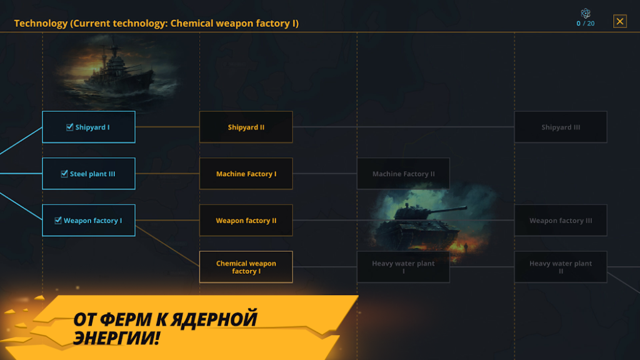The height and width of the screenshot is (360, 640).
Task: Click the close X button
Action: click(x=619, y=21)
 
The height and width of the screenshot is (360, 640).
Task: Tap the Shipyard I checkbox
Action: click(x=70, y=127)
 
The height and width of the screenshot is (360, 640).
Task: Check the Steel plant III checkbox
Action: click(x=64, y=174)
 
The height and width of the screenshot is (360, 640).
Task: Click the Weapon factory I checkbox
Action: click(x=58, y=221)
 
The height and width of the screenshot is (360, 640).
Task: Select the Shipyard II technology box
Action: click(x=246, y=127)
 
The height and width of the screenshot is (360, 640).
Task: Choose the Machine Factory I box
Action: click(x=246, y=174)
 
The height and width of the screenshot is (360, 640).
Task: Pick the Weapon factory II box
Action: click(x=246, y=221)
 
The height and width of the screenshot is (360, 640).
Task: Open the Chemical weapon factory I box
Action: click(x=246, y=267)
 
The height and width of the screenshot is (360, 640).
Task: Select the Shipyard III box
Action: click(x=561, y=127)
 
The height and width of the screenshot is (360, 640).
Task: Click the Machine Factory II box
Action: click(x=403, y=174)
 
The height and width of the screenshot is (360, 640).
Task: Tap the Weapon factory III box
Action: click(x=561, y=221)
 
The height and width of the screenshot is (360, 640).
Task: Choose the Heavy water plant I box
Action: click(x=403, y=267)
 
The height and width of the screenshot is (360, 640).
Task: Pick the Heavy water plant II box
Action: click(x=561, y=267)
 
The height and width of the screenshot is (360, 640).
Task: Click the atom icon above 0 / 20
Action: click(x=585, y=13)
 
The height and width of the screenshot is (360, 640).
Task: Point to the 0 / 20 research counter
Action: click(x=585, y=24)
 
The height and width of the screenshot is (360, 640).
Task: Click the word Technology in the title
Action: click(x=41, y=23)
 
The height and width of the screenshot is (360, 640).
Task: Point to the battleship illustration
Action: click(x=118, y=71)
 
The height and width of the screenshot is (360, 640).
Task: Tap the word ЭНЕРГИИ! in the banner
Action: click(x=116, y=337)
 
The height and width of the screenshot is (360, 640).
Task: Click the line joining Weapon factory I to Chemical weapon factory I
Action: click(x=167, y=246)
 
